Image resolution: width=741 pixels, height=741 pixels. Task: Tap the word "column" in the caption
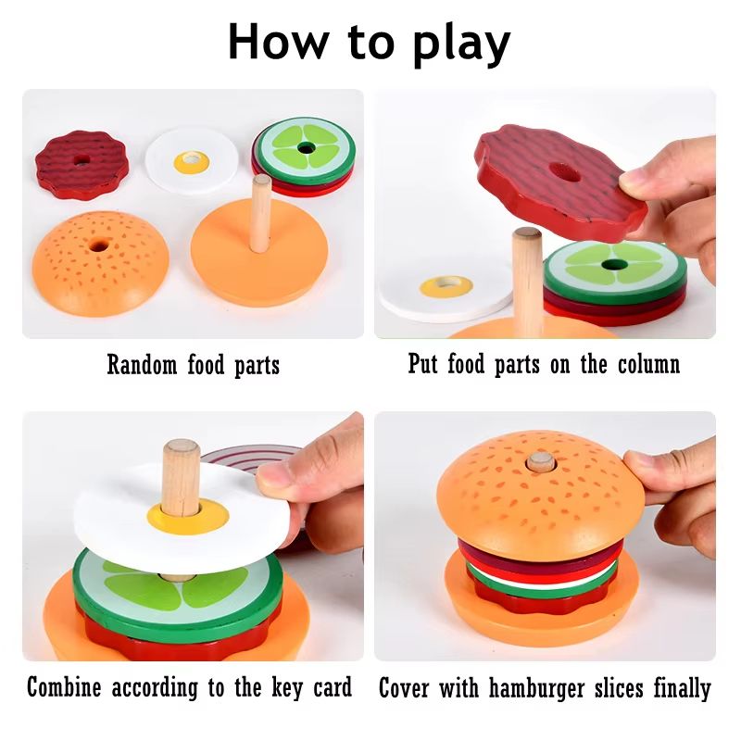coord(644,364)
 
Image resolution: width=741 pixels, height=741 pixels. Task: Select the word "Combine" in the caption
coord(66,687)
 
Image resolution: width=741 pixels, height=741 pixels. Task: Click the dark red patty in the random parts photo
coord(82,164)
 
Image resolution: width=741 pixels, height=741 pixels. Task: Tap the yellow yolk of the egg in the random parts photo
coord(192,163)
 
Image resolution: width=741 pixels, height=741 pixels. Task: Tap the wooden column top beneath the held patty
coord(527,237)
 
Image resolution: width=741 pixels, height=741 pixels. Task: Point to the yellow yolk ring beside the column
coord(446,285)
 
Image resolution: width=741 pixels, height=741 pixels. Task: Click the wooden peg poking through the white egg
coord(181,477)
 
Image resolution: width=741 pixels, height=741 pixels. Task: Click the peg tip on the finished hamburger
coord(540,461)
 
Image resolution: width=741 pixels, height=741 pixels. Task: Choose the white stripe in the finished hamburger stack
coord(542,570)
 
